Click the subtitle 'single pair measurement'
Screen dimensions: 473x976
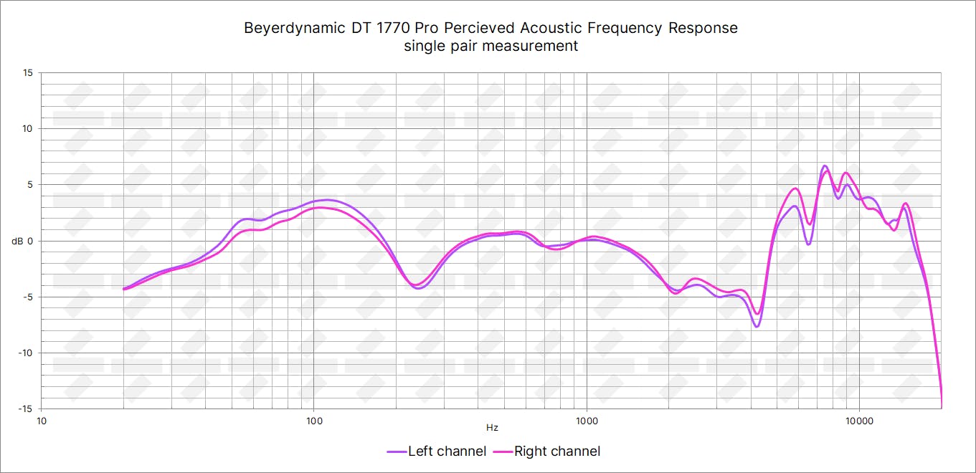pos(491,46)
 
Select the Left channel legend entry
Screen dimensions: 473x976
pos(437,451)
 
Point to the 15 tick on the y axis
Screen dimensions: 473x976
pos(27,72)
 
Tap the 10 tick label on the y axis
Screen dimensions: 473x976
pos(27,128)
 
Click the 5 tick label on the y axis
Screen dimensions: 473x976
pos(29,184)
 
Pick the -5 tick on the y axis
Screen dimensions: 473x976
pos(28,297)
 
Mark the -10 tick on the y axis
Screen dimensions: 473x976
pos(26,353)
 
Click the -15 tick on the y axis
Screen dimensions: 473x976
pos(26,408)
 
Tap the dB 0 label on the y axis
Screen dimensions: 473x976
pos(22,241)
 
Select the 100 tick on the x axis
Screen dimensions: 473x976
pos(313,420)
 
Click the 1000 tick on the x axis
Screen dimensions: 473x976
pos(587,420)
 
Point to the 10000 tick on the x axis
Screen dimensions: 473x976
pos(859,420)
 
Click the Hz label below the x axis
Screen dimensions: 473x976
pos(492,428)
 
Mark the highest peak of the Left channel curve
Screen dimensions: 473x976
pos(825,166)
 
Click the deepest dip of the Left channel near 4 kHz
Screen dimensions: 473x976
pos(756,327)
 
